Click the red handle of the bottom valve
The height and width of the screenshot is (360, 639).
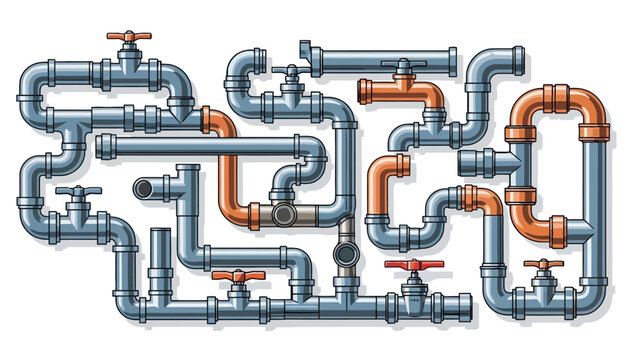coord(413,266)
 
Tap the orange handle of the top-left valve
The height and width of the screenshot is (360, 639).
coord(128,38)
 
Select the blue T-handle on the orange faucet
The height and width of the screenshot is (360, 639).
coord(403,66)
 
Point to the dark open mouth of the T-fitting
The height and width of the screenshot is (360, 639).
coord(143,188)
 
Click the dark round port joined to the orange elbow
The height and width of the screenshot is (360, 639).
coord(283,214)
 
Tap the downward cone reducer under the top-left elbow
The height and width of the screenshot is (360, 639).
coord(183,108)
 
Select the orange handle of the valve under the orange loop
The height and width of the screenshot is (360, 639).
coord(544,265)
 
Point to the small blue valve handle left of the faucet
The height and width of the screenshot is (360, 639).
coord(290,71)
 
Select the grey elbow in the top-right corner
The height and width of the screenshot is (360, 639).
coord(496,65)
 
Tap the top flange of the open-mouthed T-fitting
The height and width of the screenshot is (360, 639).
coord(186,168)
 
